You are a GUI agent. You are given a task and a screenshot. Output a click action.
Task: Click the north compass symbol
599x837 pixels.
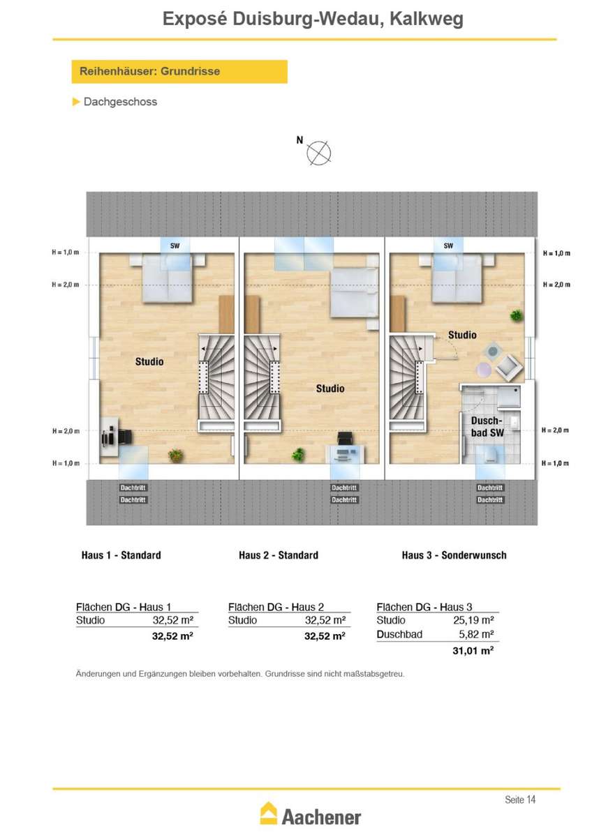pos(318,153)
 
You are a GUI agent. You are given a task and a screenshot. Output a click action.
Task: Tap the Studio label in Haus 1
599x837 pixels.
pos(149,361)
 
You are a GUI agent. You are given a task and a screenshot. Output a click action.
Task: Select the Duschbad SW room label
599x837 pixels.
pos(487,427)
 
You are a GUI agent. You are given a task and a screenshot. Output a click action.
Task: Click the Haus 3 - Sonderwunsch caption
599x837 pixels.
pos(454,555)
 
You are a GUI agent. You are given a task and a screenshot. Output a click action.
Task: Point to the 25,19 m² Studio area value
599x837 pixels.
pos(473,620)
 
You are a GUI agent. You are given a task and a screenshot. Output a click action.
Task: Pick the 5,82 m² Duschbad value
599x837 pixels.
pos(476,634)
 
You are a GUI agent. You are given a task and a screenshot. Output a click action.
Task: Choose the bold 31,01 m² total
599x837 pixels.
pos(473,651)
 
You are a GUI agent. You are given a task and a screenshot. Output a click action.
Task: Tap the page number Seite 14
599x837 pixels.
pos(519,799)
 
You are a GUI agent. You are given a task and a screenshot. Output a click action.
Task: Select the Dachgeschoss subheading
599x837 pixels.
pos(120,102)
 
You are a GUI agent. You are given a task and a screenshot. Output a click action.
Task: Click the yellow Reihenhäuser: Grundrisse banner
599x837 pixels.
pos(179,71)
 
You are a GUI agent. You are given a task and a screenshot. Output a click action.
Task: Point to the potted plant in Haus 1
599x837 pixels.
pos(175,455)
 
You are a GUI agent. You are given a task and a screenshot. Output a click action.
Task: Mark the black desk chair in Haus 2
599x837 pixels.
pos(345,438)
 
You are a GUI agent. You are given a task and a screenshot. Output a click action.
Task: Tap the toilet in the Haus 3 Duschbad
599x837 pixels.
pos(491,455)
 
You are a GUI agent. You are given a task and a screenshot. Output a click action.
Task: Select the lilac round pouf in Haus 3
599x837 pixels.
pos(483,370)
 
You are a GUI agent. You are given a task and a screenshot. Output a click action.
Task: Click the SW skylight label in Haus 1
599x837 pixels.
pos(175,246)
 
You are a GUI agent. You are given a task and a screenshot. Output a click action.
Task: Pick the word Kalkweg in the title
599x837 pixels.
pos(427,19)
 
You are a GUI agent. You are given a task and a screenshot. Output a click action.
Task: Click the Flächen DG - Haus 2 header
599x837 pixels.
pos(276,607)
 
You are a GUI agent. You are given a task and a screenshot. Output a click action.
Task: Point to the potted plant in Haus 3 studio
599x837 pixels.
pos(517,315)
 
